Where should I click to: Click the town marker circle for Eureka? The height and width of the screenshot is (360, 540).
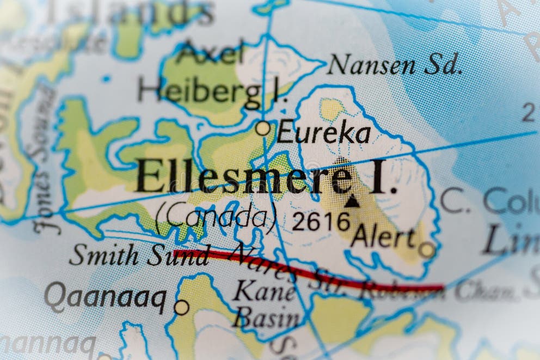point(263,129)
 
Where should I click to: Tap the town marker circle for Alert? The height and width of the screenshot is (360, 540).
point(427,249)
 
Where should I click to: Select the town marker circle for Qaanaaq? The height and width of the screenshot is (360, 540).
point(181,307)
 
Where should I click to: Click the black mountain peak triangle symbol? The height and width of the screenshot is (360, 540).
point(352,201)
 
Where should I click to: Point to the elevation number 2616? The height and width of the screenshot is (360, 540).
point(321,222)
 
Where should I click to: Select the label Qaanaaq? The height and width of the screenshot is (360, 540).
point(106,298)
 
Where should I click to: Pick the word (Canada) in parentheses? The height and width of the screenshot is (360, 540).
point(216,217)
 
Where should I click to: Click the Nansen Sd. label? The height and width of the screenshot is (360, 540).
point(395,65)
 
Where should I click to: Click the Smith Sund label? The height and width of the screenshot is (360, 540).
point(139,254)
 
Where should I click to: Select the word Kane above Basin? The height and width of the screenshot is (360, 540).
point(265,292)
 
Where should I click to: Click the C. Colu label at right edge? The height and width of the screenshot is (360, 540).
point(490,200)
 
